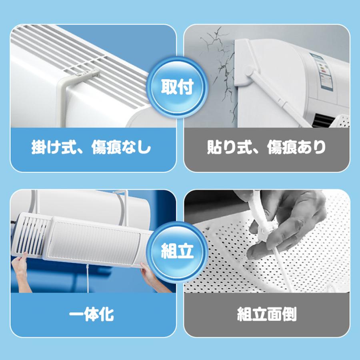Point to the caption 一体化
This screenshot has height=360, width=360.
pyautogui.click(x=92, y=314)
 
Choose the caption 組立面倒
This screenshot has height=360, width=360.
pyautogui.click(x=267, y=314)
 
